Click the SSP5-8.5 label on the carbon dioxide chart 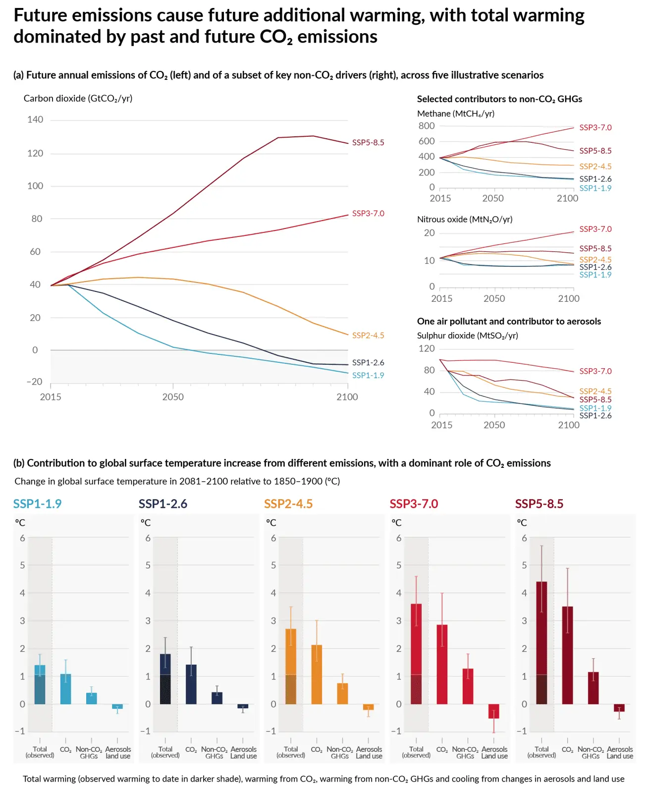click(368, 143)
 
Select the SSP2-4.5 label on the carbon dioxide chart click(368, 336)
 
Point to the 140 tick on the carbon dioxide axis click(35, 119)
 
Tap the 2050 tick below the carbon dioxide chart click(173, 397)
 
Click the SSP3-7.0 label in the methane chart click(595, 128)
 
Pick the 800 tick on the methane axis click(427, 126)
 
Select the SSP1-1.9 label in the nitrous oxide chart click(595, 275)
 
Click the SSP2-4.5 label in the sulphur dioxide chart click(595, 392)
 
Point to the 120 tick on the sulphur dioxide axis click(427, 348)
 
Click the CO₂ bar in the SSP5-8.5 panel click(567, 654)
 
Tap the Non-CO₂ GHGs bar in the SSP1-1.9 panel click(92, 698)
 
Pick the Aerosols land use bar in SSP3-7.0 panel click(493, 711)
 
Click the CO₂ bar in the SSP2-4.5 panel click(317, 674)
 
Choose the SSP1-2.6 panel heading click(163, 504)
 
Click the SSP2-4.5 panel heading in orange click(288, 504)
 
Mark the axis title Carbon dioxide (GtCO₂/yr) click(78, 99)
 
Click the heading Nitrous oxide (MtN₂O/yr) click(465, 220)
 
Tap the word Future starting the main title click(40, 16)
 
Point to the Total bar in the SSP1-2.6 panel click(165, 679)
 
